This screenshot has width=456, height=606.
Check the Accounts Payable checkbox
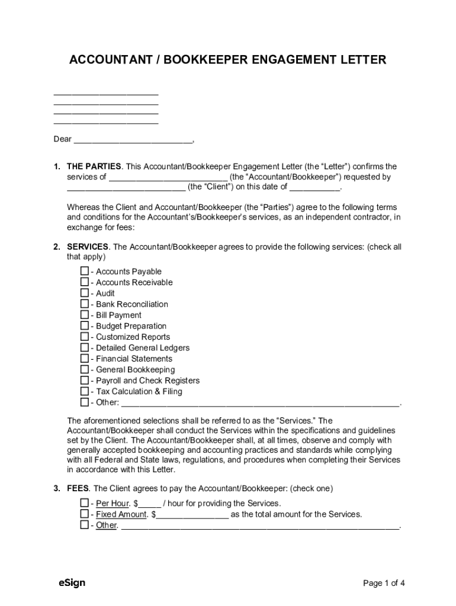84,272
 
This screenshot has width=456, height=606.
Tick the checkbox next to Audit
84,294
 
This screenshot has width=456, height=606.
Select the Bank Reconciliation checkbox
84,304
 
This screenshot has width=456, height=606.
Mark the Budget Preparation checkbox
84,326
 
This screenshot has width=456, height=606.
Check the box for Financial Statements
84,359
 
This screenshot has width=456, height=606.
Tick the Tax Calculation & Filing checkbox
84,392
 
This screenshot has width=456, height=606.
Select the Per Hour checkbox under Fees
84,504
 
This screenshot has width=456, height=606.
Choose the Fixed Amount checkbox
84,514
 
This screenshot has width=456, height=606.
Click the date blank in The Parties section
315,188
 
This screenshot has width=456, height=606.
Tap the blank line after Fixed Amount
192,515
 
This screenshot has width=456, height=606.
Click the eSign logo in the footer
72,583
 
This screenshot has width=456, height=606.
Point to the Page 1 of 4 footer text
384,584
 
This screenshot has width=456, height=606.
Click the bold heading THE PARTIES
94,166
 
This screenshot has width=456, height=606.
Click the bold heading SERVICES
88,246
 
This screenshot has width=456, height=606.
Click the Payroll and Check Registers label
147,381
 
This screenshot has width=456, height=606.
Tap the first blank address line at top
106,93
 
